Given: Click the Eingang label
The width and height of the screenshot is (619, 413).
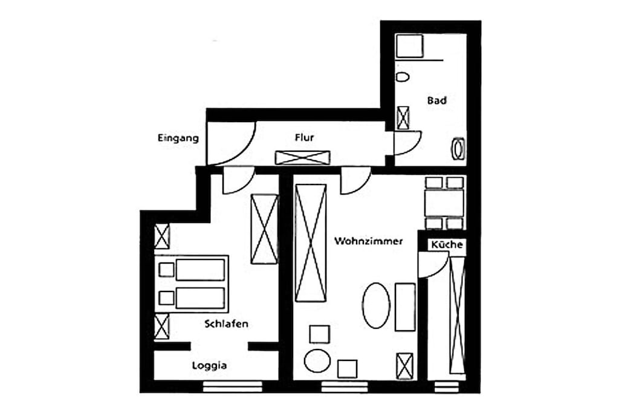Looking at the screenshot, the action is click(x=178, y=138).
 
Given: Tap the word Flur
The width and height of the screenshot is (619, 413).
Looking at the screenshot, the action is click(x=305, y=137).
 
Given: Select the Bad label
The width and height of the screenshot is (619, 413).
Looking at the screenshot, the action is click(x=436, y=100).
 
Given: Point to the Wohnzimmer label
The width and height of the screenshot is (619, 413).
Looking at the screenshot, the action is click(x=368, y=241).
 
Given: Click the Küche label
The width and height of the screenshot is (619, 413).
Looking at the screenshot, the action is click(x=447, y=244).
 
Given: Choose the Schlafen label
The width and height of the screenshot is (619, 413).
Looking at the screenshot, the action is click(x=227, y=324).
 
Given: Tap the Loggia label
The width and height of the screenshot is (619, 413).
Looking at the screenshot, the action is click(x=209, y=366).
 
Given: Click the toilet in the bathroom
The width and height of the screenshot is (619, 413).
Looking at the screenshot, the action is click(x=402, y=77).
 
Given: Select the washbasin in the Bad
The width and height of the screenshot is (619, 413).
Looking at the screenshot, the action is click(x=458, y=149).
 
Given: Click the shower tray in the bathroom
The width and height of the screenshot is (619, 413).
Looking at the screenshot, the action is click(x=409, y=46).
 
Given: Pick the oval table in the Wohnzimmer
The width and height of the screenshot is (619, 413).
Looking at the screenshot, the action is click(x=376, y=305).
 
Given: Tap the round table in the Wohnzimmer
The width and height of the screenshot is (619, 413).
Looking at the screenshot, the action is click(x=317, y=360).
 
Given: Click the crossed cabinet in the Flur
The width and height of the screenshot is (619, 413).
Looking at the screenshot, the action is click(x=302, y=158).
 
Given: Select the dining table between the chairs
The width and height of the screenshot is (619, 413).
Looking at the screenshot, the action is click(x=444, y=203).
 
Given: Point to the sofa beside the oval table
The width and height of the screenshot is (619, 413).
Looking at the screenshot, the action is click(x=405, y=307).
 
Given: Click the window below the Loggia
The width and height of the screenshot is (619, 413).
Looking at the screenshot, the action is click(x=233, y=386).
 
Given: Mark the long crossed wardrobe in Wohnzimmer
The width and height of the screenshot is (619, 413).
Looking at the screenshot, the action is click(x=311, y=243).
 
